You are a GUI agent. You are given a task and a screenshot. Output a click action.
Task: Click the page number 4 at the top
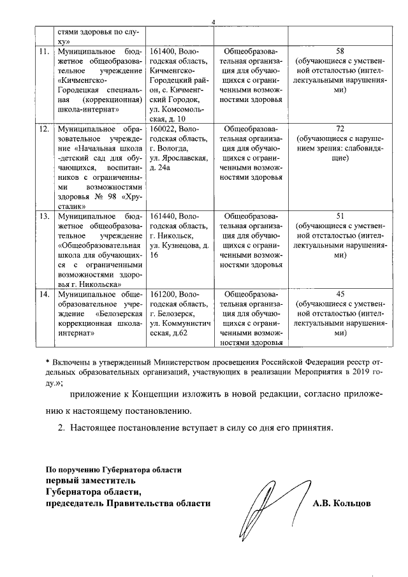click(214, 24)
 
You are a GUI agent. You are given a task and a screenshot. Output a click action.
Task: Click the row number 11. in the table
click(44, 50)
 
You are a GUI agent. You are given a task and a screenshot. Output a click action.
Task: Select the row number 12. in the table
click(44, 129)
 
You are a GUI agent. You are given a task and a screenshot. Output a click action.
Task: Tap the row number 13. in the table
click(44, 217)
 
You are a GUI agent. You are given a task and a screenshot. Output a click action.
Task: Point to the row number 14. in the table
click(44, 295)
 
